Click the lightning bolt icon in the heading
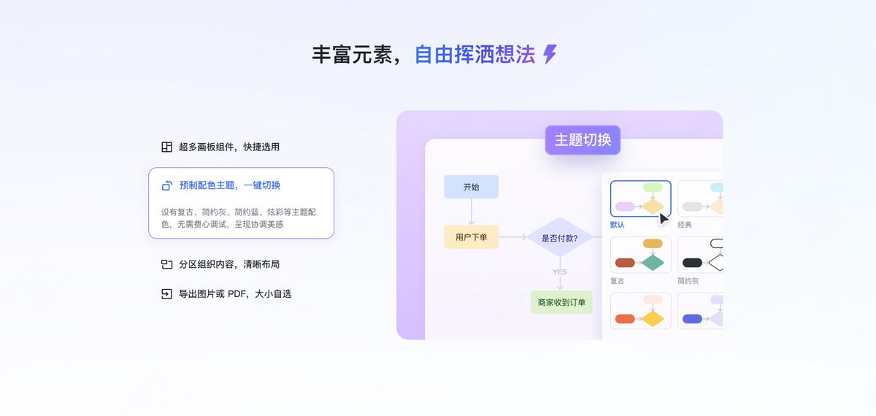pyautogui.click(x=550, y=54)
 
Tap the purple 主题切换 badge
pyautogui.click(x=583, y=140)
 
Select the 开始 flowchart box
pyautogui.click(x=471, y=187)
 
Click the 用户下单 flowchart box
pyautogui.click(x=471, y=237)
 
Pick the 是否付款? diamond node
pyautogui.click(x=559, y=237)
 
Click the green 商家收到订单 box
pyautogui.click(x=561, y=302)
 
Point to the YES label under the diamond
pyautogui.click(x=559, y=272)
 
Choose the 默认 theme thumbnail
pyautogui.click(x=640, y=199)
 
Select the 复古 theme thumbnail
pyautogui.click(x=640, y=255)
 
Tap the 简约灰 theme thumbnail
pyautogui.click(x=700, y=255)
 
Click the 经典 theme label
pyautogui.click(x=685, y=225)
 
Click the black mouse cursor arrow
pyautogui.click(x=664, y=219)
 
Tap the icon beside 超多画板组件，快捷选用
pyautogui.click(x=166, y=147)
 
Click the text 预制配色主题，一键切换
pyautogui.click(x=229, y=185)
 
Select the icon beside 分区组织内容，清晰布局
pyautogui.click(x=166, y=264)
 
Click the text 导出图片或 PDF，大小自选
pyautogui.click(x=235, y=294)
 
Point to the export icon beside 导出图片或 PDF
pyautogui.click(x=166, y=294)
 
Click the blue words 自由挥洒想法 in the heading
pyautogui.click(x=474, y=55)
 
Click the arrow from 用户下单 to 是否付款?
pyautogui.click(x=513, y=237)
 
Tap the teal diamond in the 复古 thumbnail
pyautogui.click(x=653, y=263)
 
